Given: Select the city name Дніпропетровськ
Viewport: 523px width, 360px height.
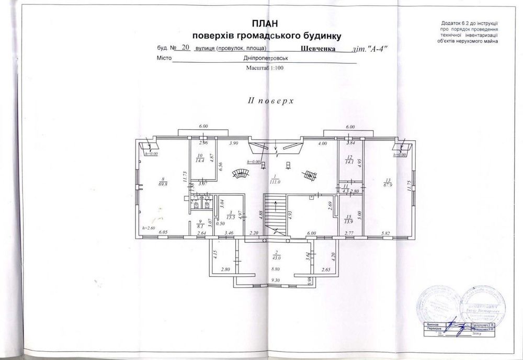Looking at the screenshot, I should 266,59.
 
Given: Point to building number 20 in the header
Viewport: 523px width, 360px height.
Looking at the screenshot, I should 184,47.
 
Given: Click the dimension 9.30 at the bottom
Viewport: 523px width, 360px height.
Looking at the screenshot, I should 275,280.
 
